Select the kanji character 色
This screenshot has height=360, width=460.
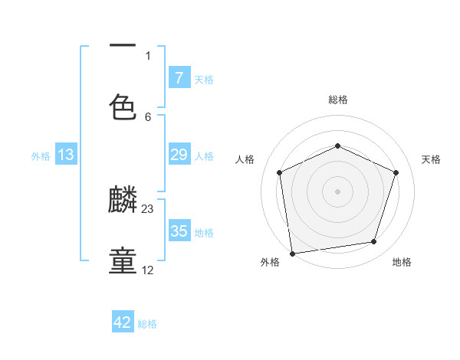[x=123, y=106]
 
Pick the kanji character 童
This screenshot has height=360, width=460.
[x=123, y=261]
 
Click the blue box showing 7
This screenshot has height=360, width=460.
[x=179, y=77]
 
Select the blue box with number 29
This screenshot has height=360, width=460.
[x=179, y=155]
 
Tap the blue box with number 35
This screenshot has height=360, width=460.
[x=179, y=231]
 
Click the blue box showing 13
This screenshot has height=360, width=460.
[x=66, y=155]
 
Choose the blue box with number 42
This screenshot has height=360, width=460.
[x=123, y=322]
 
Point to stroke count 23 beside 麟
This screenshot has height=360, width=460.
[x=148, y=208]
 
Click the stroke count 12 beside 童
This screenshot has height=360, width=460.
[x=148, y=270]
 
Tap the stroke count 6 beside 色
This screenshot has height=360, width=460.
[x=148, y=116]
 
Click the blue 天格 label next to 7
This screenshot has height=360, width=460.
[x=204, y=79]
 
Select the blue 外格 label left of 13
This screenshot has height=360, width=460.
[x=41, y=155]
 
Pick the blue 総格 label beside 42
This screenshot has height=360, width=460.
[x=147, y=324]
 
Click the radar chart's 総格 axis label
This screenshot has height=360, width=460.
[x=338, y=100]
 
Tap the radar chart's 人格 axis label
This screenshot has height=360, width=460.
[x=245, y=159]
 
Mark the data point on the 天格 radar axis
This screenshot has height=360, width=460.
[x=396, y=172]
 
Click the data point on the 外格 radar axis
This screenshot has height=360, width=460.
[x=292, y=252]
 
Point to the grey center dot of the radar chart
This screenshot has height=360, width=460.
[x=338, y=191]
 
